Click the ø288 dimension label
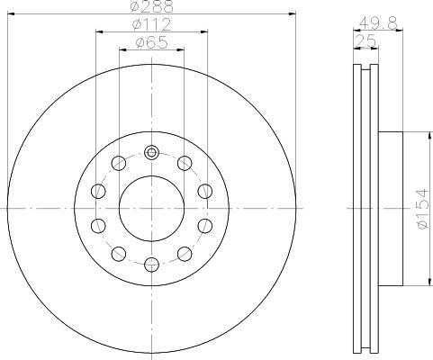152,6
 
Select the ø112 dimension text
151,24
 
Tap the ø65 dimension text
151,42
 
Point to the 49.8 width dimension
378,22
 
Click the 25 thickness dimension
365,40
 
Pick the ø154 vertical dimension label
423,209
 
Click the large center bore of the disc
151,209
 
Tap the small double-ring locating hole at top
151,153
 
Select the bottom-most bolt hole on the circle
151,265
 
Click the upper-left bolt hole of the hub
119,163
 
